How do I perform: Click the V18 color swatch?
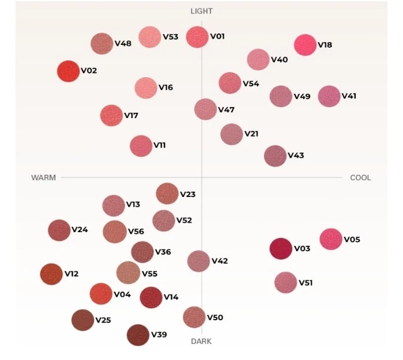click(x=305, y=45)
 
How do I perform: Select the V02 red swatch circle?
click(x=68, y=71)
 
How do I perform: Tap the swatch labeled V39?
click(x=138, y=335)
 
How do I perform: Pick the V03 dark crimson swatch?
click(x=281, y=249)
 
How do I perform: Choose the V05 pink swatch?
click(x=331, y=239)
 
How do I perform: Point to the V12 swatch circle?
click(x=51, y=274)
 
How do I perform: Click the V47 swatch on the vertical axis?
click(x=205, y=109)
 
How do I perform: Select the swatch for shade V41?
click(x=329, y=96)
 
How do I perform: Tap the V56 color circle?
click(x=115, y=232)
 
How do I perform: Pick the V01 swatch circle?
click(x=197, y=37)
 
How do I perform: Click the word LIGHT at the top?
click(x=202, y=12)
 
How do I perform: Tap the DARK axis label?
click(x=201, y=341)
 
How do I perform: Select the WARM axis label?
click(x=43, y=177)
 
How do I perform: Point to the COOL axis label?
click(x=360, y=177)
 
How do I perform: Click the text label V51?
click(x=306, y=283)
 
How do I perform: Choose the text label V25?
click(x=103, y=320)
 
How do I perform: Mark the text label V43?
click(x=296, y=156)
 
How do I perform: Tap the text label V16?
click(x=166, y=88)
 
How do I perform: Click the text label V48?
click(x=123, y=43)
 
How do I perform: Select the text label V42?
click(x=220, y=261)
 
